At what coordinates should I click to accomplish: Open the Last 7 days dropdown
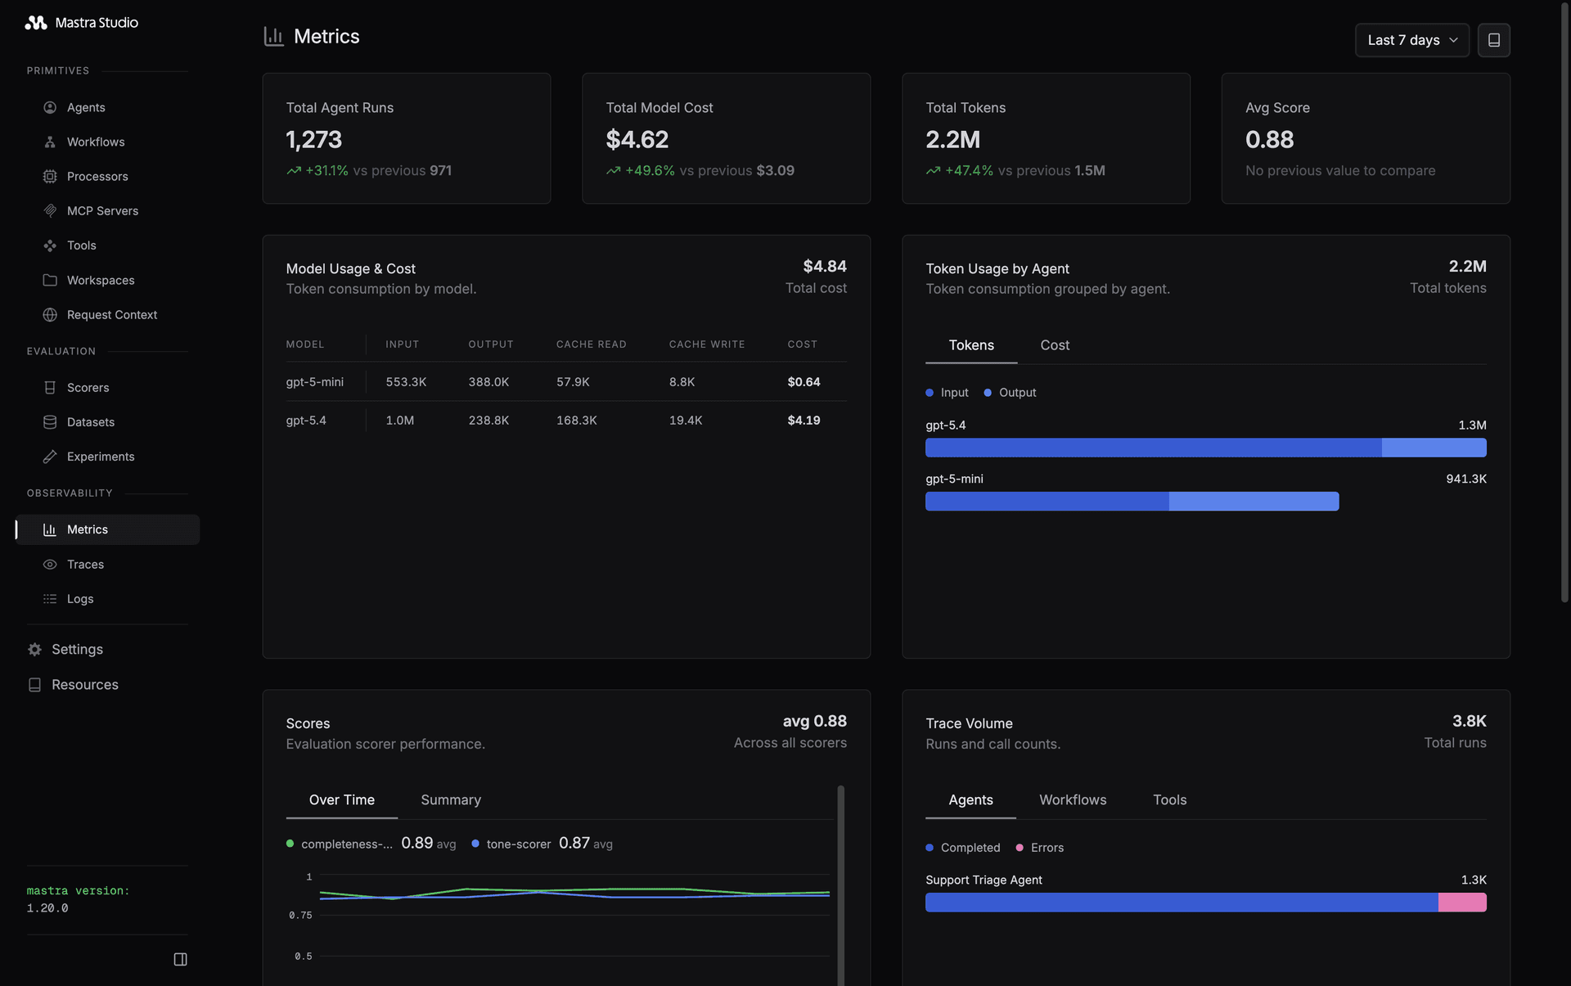(x=1411, y=40)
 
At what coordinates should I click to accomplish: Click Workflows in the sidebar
(x=96, y=142)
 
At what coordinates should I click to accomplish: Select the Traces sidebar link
(x=85, y=565)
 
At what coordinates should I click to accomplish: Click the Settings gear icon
(x=34, y=650)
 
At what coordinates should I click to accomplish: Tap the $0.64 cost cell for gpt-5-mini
(x=804, y=382)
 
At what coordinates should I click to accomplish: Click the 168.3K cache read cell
(x=576, y=421)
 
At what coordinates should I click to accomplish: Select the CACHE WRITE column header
(x=706, y=344)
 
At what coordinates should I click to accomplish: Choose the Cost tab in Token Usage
(x=1054, y=345)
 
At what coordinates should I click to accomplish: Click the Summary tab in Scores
(x=450, y=800)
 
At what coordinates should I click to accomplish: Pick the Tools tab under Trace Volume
(x=1168, y=800)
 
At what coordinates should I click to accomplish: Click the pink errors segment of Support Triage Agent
(x=1461, y=903)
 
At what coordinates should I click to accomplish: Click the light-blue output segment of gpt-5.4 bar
(x=1433, y=448)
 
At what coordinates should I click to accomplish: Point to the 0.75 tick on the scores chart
(x=300, y=916)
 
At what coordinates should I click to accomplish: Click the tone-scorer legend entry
(x=518, y=844)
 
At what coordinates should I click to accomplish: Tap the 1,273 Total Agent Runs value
(x=313, y=140)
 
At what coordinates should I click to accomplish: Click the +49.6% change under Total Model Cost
(x=650, y=171)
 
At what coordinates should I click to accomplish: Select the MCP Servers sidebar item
(x=102, y=211)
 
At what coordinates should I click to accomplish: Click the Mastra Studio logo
(x=36, y=23)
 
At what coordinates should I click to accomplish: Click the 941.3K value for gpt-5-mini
(x=1465, y=479)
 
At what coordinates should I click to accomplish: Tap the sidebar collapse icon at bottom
(x=180, y=959)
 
